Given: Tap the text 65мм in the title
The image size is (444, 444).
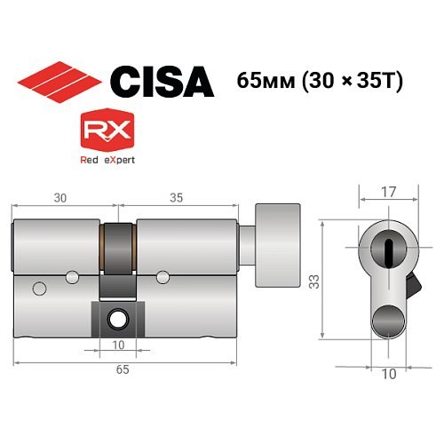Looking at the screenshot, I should tap(266, 81).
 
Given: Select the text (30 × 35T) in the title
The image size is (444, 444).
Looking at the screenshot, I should tap(351, 81).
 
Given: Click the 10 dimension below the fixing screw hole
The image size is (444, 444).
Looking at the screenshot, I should tap(117, 344).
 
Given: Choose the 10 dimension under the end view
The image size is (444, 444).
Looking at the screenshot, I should tap(387, 374).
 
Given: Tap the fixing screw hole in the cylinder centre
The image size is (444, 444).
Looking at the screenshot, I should tap(117, 317).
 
